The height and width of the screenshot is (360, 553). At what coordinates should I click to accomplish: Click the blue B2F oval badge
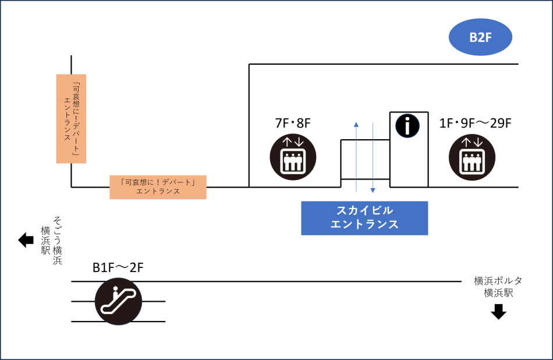tap(480, 38)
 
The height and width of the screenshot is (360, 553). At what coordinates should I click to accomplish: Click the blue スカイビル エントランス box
tap(364, 218)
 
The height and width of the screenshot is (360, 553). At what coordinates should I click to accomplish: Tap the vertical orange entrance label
tap(71, 118)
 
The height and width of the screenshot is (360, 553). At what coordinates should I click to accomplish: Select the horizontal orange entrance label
tap(158, 186)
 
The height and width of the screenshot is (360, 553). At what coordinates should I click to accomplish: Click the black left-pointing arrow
tap(26, 239)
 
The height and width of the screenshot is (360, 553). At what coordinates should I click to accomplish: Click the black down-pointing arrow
tap(498, 312)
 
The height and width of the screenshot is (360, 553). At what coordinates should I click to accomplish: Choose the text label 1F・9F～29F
tap(475, 123)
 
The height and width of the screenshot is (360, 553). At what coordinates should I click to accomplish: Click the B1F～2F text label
tap(118, 268)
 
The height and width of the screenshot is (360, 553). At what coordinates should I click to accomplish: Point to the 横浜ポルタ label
tap(498, 281)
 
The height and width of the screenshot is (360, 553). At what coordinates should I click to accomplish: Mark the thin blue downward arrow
tap(373, 157)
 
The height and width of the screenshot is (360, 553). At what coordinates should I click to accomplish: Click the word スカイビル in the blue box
tap(365, 211)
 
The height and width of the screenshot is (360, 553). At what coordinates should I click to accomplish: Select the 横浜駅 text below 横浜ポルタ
tap(498, 293)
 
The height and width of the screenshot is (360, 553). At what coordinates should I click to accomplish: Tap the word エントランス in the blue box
tap(364, 224)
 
